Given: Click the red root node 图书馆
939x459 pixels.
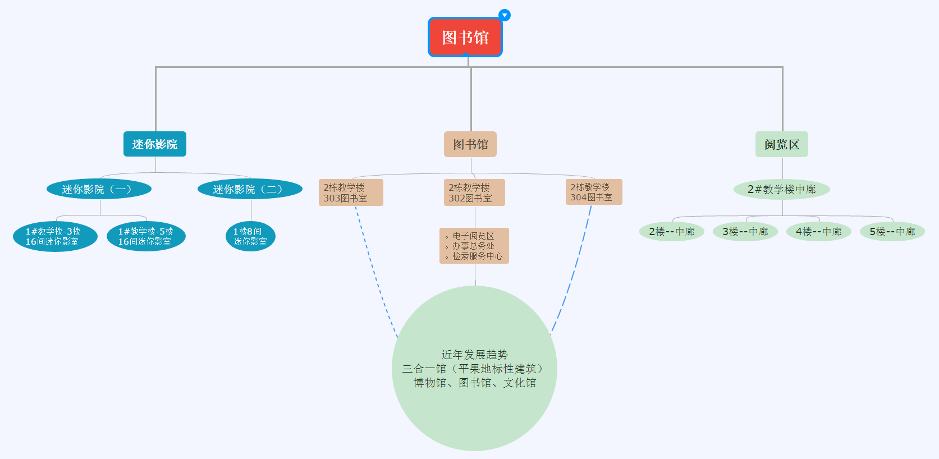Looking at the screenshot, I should (465, 37).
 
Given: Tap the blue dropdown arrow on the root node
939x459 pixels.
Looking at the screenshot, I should (505, 15).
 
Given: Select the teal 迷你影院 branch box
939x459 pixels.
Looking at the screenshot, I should (154, 144).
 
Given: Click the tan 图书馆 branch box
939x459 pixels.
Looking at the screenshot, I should (470, 144).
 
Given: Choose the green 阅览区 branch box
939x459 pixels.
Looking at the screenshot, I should (781, 144).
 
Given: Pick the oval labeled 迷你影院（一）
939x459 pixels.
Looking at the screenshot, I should (99, 189).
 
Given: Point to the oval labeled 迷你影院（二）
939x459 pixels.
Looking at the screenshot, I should (250, 189).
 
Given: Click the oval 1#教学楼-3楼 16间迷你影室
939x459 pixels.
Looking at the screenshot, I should (55, 236).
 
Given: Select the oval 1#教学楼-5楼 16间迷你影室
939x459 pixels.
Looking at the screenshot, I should (146, 236).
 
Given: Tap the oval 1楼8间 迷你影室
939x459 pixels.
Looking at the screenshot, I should (250, 236).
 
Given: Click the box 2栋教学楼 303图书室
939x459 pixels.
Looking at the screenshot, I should (351, 192).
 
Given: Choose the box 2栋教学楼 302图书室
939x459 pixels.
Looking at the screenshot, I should (475, 192).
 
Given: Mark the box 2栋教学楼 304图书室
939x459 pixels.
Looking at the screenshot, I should (594, 192).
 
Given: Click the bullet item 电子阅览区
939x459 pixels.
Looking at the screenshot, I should (473, 236).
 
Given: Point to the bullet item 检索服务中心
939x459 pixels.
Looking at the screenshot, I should (477, 256).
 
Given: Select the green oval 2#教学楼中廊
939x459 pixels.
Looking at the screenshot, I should (781, 189).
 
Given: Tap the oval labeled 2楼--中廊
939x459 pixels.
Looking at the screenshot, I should (672, 231).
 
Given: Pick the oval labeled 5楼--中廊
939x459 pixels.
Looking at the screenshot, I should (892, 231).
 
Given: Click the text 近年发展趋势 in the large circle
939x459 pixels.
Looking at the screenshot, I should (474, 355).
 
